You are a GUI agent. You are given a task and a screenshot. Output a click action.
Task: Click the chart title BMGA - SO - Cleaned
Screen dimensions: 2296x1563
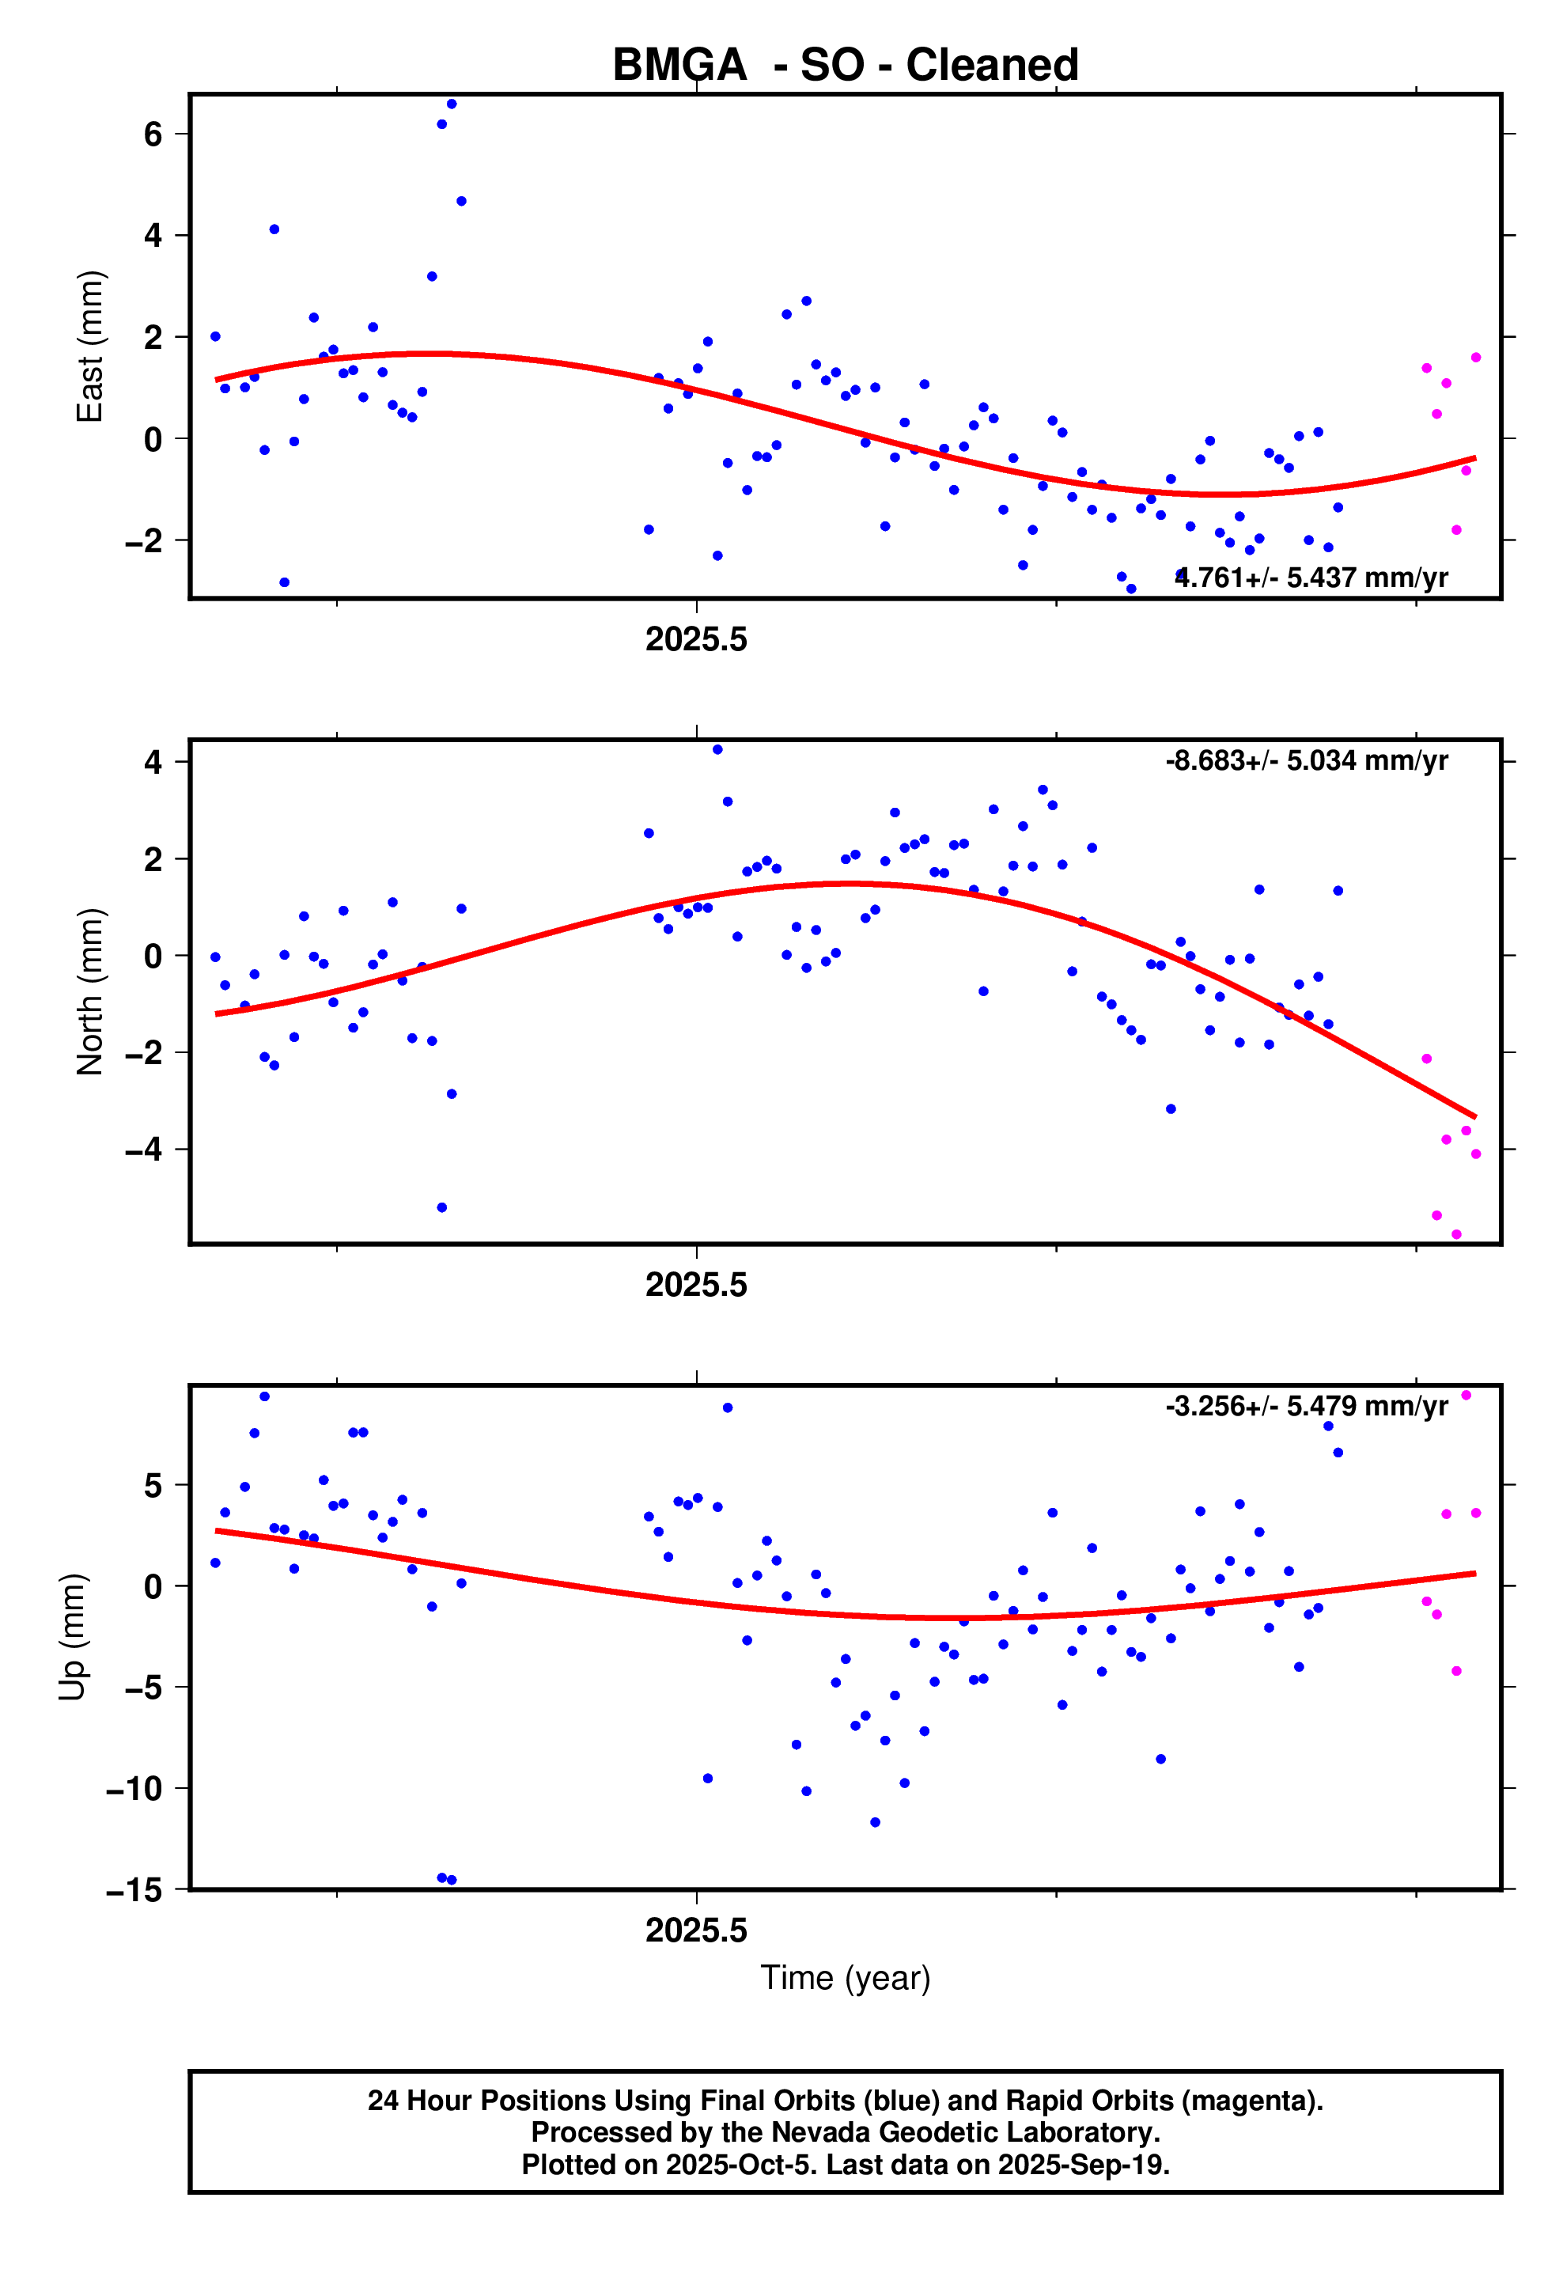(845, 65)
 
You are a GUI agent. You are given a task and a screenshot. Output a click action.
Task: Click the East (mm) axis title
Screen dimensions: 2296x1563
(90, 346)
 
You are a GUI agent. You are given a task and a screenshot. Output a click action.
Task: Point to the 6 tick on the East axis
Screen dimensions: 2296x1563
(153, 134)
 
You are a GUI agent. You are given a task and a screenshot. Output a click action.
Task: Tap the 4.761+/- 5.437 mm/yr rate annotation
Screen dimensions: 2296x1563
(1311, 577)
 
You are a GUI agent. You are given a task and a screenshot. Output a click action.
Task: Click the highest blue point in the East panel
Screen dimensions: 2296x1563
(452, 104)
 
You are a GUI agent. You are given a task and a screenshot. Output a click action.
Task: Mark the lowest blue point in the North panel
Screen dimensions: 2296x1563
(441, 1207)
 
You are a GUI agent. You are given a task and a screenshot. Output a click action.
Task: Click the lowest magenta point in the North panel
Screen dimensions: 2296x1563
(1456, 1234)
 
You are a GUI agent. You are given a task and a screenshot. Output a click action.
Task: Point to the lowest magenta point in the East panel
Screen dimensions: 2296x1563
(1456, 531)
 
